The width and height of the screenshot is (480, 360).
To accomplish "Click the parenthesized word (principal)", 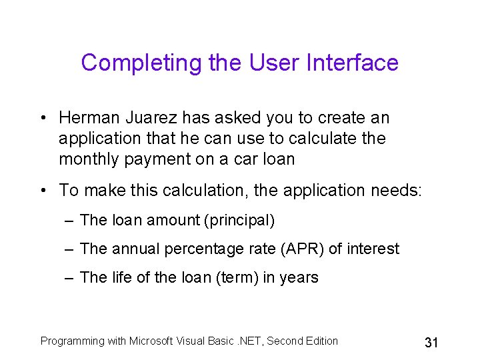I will pos(241,220).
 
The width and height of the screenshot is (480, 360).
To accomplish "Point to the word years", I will pos(299,278).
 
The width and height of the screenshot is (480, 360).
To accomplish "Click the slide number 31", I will pos(431,343).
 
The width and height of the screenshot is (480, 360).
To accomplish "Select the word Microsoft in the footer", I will pos(151,341).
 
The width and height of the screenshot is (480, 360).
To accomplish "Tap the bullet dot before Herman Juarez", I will pos(42,119).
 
